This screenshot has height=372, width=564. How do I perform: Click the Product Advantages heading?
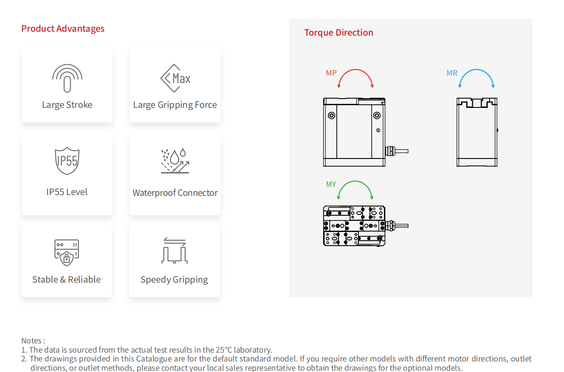pyautogui.click(x=63, y=29)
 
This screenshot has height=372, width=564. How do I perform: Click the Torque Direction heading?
pyautogui.click(x=339, y=33)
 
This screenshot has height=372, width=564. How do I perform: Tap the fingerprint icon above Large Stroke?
pyautogui.click(x=67, y=78)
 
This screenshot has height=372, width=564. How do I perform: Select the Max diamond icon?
pyautogui.click(x=175, y=78)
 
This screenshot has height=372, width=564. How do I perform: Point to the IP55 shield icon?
pyautogui.click(x=67, y=161)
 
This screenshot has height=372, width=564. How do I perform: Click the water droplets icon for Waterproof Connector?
pyautogui.click(x=175, y=161)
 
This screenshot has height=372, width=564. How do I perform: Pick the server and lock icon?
pyautogui.click(x=67, y=253)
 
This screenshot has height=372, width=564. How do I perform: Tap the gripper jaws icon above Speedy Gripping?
pyautogui.click(x=174, y=250)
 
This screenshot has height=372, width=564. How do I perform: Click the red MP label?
pyautogui.click(x=331, y=73)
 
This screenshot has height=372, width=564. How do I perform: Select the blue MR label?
pyautogui.click(x=452, y=73)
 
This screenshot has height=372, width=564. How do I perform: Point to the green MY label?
pyautogui.click(x=331, y=184)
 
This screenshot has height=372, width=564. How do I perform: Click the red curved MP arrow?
pyautogui.click(x=355, y=70)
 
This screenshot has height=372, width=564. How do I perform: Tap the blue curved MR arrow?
pyautogui.click(x=476, y=70)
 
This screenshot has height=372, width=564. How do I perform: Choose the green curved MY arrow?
pyautogui.click(x=355, y=181)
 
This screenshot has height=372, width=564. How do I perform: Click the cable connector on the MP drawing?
pyautogui.click(x=397, y=151)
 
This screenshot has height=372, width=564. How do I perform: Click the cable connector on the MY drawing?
pyautogui.click(x=397, y=225)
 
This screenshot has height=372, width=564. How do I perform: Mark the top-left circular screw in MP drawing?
pyautogui.click(x=332, y=115)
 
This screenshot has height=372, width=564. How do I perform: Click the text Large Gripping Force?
pyautogui.click(x=175, y=105)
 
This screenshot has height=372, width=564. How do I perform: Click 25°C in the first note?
pyautogui.click(x=224, y=350)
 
